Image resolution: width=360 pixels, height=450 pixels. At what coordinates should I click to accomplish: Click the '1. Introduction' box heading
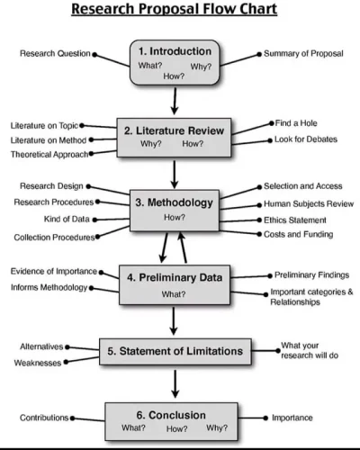(175, 51)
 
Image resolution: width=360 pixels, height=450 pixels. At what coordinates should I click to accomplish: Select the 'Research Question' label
(55, 53)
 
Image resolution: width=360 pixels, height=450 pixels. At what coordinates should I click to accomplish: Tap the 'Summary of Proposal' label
(303, 53)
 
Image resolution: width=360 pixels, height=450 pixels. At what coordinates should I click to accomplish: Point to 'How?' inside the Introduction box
(174, 76)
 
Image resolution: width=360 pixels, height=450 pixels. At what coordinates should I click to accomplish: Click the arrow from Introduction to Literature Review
(175, 101)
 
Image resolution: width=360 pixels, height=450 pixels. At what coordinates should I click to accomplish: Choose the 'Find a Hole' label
(296, 123)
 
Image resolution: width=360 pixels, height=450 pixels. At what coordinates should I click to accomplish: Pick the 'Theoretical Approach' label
(49, 155)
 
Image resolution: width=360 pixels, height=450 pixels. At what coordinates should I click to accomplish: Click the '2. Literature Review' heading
(174, 130)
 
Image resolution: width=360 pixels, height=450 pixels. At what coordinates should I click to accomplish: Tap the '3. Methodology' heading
(174, 202)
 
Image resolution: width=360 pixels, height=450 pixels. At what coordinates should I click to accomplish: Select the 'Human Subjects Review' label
(309, 204)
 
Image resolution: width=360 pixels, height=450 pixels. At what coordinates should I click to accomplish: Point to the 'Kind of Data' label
(67, 219)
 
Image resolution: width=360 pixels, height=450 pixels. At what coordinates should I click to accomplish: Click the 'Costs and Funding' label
(299, 234)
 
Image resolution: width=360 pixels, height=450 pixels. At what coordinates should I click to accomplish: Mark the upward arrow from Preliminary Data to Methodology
(183, 247)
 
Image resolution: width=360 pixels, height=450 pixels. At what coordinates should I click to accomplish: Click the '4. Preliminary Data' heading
(175, 277)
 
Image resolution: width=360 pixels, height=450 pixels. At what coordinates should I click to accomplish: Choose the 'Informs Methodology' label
(49, 287)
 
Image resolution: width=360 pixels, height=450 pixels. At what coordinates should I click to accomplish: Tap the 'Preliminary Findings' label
(311, 275)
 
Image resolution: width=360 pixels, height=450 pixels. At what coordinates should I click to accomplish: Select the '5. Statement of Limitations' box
(175, 352)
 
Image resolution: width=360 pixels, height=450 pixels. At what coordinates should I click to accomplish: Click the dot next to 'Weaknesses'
(66, 362)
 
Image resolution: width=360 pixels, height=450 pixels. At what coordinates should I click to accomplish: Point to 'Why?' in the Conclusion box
(217, 427)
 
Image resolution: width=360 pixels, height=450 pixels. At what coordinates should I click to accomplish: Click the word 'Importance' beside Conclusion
(292, 418)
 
